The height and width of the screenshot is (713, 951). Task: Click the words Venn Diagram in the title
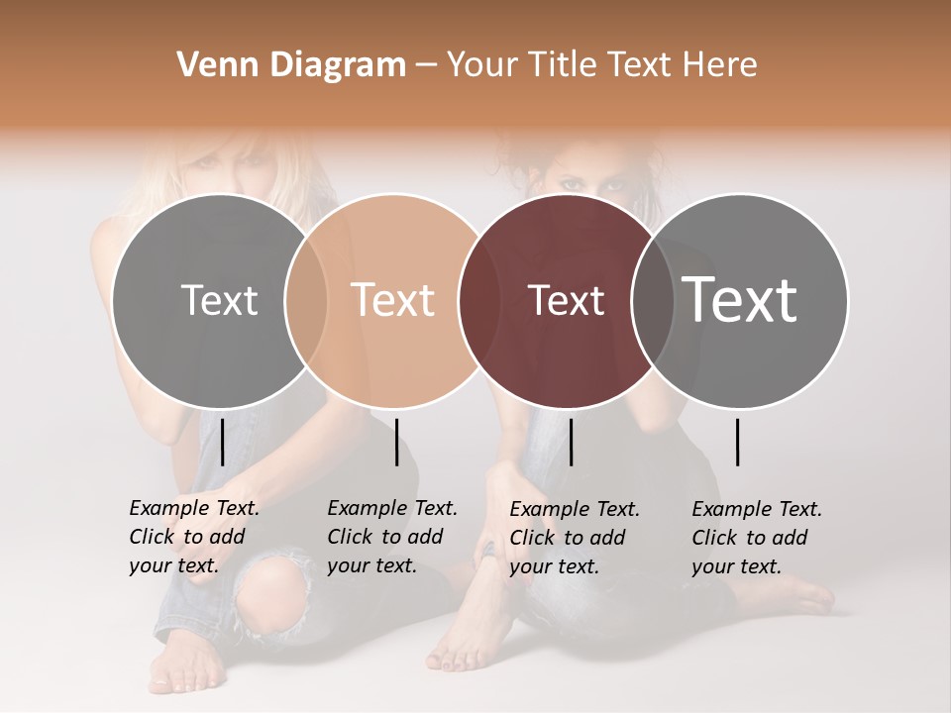[x=291, y=65]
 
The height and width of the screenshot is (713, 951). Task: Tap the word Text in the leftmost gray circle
[x=219, y=300]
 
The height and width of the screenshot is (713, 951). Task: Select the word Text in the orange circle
[x=393, y=300]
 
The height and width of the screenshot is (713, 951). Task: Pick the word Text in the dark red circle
[x=566, y=300]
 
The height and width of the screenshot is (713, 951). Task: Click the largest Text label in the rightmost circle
[x=740, y=300]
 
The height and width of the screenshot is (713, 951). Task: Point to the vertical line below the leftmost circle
[x=222, y=442]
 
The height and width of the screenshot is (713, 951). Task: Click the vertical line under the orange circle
[x=396, y=442]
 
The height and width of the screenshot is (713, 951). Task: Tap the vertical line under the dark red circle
[x=571, y=442]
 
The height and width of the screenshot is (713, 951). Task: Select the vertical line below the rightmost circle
[x=738, y=442]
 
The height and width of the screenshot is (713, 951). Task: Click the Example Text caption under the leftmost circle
[x=193, y=537]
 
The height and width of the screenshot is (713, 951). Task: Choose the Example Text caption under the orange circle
[x=391, y=537]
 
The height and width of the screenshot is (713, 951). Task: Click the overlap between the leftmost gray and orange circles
[x=306, y=300]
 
